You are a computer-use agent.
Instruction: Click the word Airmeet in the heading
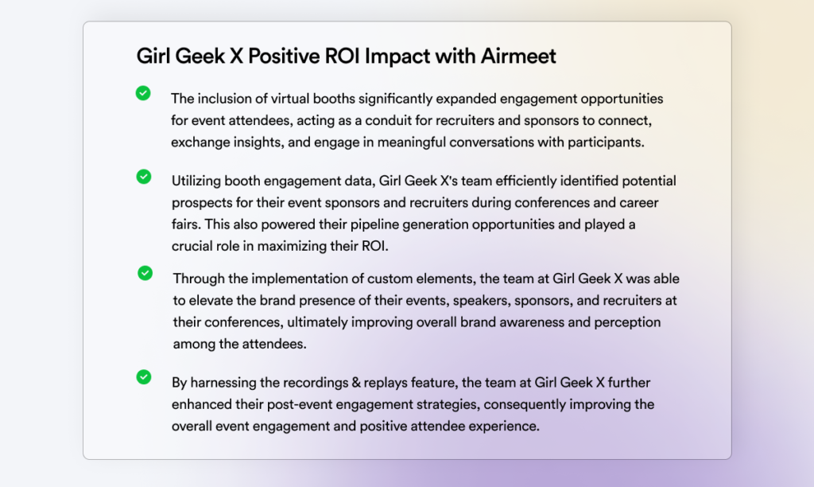[x=518, y=56]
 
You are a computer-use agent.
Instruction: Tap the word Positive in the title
[x=284, y=56]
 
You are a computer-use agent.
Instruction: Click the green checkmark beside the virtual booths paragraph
[x=143, y=93]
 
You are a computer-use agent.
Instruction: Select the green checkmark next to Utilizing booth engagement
[x=144, y=177]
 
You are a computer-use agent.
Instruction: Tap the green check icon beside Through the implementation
[x=145, y=273]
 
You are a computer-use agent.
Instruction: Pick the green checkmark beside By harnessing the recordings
[x=144, y=377]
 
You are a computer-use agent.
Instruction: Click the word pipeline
[x=374, y=224]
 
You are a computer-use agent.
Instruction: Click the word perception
[x=628, y=323]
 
